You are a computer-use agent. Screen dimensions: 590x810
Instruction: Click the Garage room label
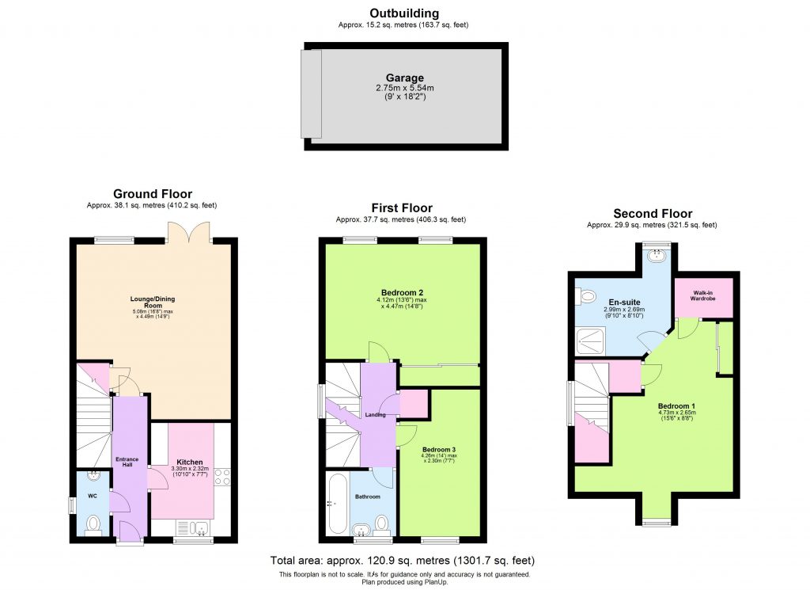[404, 78]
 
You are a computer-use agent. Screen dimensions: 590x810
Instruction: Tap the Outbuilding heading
[404, 13]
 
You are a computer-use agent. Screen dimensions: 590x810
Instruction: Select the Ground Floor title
[153, 194]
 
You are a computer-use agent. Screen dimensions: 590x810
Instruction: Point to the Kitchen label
[190, 462]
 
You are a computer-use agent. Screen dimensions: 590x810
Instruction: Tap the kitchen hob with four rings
[222, 476]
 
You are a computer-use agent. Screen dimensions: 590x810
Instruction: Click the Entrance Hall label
[128, 462]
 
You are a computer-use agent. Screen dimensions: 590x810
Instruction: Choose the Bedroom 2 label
[403, 293]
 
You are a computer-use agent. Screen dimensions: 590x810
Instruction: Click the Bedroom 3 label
[438, 449]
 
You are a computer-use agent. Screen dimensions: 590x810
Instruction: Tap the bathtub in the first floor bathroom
[335, 504]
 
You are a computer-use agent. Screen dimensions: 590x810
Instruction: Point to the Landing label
[375, 415]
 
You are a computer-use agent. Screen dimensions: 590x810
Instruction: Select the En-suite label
[614, 301]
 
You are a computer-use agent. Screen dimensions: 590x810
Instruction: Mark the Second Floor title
[653, 214]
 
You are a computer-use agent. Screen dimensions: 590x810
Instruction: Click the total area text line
[403, 561]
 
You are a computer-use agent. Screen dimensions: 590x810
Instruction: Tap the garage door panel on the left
[311, 93]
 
